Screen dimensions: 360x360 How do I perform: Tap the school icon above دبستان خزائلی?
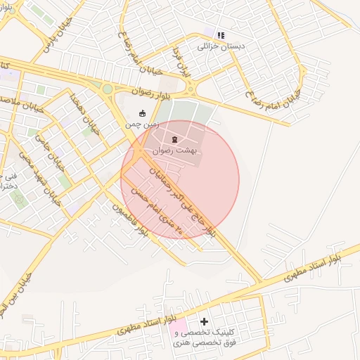[x=221, y=34]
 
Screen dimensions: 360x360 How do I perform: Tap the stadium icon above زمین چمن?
[x=143, y=113]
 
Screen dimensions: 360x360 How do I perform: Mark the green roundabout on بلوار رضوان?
[x=107, y=89]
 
